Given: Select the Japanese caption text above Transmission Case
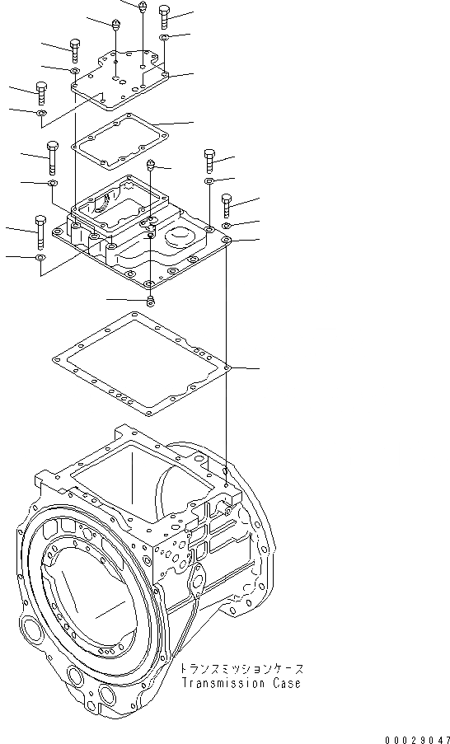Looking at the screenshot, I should point(241,669).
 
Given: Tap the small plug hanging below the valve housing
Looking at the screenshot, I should point(150,301).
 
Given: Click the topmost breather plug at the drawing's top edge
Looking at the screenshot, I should point(143,7).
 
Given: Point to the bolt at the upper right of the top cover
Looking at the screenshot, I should point(165,15).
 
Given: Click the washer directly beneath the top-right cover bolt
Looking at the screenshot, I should point(165,38).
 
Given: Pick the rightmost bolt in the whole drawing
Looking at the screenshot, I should point(227,203).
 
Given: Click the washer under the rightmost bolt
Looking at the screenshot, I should point(227,225).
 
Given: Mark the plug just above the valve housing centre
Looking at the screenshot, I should point(151,166).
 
